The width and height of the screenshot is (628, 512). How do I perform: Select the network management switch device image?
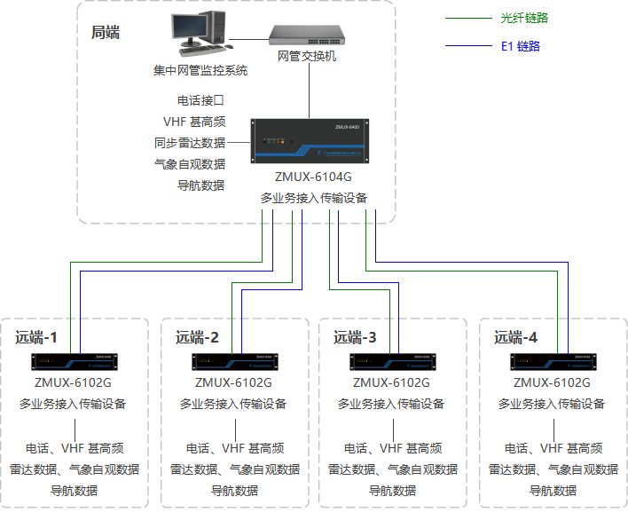click(307, 34)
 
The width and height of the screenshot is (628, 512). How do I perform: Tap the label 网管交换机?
click(307, 56)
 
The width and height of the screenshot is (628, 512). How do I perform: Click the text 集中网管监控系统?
click(200, 70)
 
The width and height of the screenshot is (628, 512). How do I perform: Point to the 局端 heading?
click(106, 33)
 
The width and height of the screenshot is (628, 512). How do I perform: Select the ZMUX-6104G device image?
click(308, 142)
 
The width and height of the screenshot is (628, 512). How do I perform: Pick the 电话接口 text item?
click(201, 100)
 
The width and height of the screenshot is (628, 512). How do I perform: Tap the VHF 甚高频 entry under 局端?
click(193, 122)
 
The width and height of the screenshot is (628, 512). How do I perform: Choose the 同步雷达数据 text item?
click(189, 143)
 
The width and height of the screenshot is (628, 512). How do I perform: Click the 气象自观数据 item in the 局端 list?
click(189, 164)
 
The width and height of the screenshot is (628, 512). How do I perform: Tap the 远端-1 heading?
click(36, 337)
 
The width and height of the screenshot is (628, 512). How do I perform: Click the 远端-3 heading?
click(355, 337)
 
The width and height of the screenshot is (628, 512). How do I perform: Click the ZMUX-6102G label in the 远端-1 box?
click(73, 382)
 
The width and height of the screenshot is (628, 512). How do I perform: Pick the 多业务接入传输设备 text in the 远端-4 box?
click(552, 404)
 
